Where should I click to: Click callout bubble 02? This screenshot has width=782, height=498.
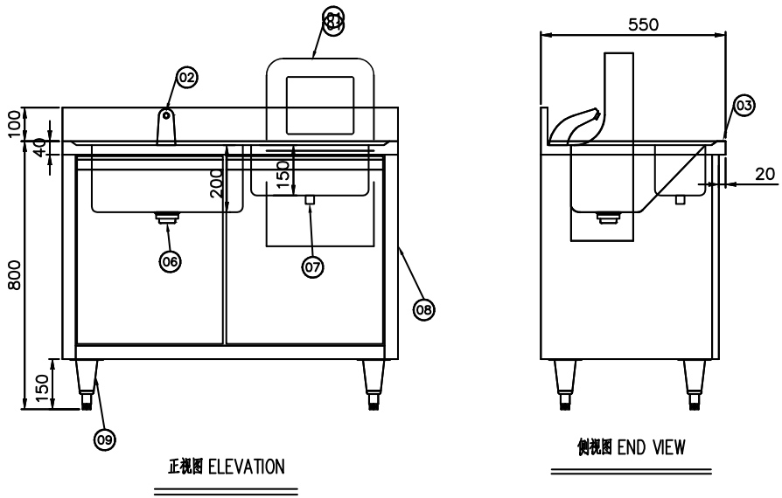coord(185,78)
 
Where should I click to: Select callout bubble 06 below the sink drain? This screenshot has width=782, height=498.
coord(170,260)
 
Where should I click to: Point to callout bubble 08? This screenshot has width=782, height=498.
coord(424,308)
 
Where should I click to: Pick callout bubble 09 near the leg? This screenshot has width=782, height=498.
coord(104,439)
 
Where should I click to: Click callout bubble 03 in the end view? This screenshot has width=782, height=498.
coord(743,106)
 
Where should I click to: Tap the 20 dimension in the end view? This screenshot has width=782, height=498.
coord(765,174)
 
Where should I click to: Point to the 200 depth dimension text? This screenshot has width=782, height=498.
coord(216,184)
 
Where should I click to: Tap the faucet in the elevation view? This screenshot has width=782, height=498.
coord(165,126)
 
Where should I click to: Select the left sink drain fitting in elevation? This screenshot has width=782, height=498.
coord(165,218)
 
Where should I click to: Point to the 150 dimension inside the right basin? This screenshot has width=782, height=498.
coord(283,172)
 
